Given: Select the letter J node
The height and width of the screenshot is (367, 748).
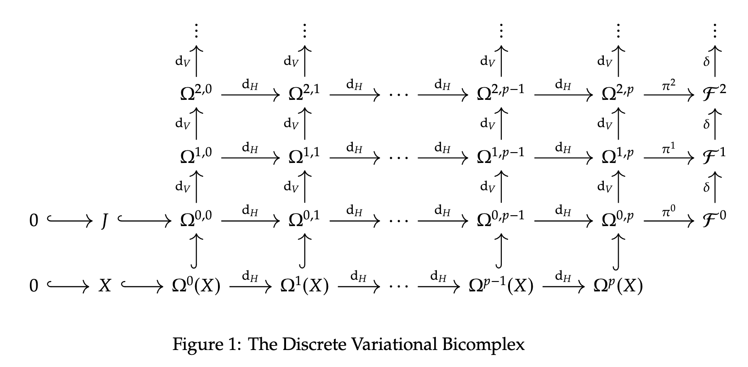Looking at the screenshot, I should point(104,220).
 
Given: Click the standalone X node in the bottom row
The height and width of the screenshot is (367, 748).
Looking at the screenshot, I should point(105,285).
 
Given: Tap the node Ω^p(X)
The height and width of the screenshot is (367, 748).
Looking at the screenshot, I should point(618,285).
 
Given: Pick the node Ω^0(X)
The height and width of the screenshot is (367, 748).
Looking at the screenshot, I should point(196,285).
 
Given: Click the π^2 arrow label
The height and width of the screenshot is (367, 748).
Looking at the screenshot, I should point(668,85).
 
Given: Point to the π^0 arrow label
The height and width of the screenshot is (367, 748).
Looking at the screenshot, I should point(668,211).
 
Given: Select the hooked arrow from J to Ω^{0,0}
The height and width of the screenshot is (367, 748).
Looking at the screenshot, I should point(145,220).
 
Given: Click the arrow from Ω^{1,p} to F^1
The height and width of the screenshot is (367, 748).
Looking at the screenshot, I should point(669,158).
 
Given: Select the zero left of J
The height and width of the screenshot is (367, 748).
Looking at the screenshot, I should point(34,220).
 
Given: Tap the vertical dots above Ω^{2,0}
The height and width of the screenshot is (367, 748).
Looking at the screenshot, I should point(196,30).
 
